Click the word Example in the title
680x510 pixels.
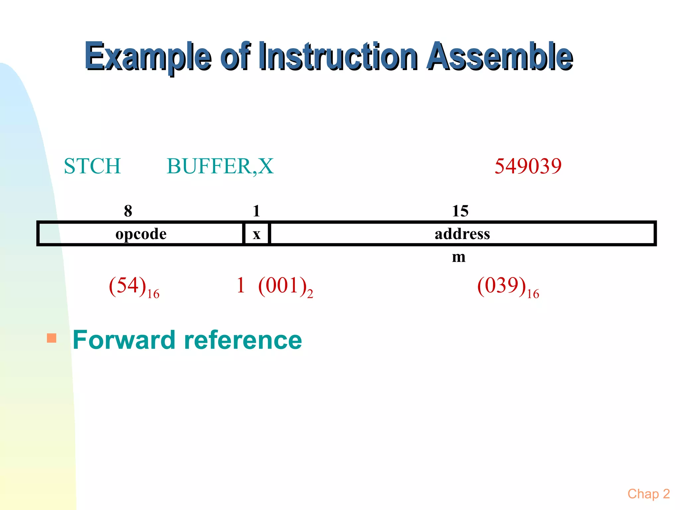pyautogui.click(x=148, y=56)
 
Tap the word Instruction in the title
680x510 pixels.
pyautogui.click(x=338, y=56)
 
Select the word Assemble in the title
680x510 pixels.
pyautogui.click(x=500, y=56)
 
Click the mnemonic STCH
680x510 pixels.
pyautogui.click(x=92, y=166)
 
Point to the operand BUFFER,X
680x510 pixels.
pyautogui.click(x=220, y=166)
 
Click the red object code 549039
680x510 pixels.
pyautogui.click(x=528, y=166)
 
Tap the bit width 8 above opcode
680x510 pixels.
pyautogui.click(x=128, y=211)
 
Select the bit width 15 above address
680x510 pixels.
pyautogui.click(x=460, y=211)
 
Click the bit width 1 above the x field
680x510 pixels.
pyautogui.click(x=256, y=211)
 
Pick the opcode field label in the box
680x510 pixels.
pyautogui.click(x=141, y=234)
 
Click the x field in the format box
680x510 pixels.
pyautogui.click(x=256, y=234)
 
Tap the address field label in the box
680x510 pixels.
pyautogui.click(x=462, y=234)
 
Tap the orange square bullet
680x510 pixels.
pyautogui.click(x=51, y=338)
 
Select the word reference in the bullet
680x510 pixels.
pyautogui.click(x=243, y=340)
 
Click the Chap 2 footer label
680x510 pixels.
pyautogui.click(x=648, y=494)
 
